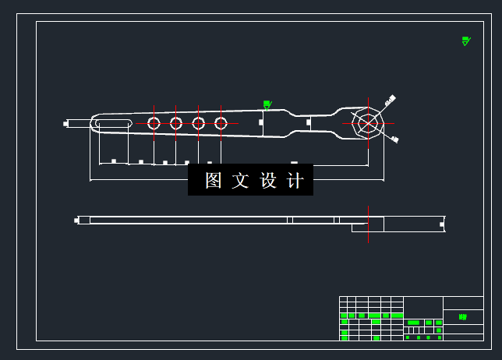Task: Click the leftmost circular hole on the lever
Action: pos(154,123)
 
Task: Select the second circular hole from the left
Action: pos(176,123)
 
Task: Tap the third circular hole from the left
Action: pos(199,123)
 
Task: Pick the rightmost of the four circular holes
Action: pos(221,123)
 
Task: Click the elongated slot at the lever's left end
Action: pos(114,123)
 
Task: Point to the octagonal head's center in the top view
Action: pos(368,123)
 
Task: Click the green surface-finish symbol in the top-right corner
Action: pos(466,41)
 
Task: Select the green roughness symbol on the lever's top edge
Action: pos(267,104)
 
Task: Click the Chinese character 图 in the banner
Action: pos(214,181)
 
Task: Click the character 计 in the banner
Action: pos(295,181)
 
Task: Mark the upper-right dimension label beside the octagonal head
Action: pos(391,100)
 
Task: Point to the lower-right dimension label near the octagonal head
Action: pos(394,139)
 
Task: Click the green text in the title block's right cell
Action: pos(464,317)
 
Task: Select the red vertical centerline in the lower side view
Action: pos(368,224)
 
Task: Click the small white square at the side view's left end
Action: pos(76,221)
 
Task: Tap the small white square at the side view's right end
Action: pos(442,224)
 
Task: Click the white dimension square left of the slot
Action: pos(66,123)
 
